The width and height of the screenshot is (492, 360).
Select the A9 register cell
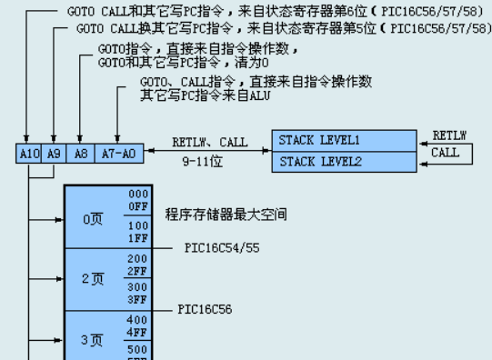click(54, 154)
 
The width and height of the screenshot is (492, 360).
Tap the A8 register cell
click(81, 154)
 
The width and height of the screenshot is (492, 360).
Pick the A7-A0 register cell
click(118, 154)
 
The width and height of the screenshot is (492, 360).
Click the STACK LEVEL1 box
click(344, 140)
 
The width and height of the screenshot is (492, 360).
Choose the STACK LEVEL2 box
click(344, 162)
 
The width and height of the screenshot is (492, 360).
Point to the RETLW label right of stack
click(449, 135)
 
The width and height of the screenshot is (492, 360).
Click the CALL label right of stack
click(446, 153)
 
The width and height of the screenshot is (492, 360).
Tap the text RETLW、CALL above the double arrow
click(209, 143)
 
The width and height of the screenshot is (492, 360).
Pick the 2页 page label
click(93, 279)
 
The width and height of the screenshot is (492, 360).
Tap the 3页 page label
click(93, 339)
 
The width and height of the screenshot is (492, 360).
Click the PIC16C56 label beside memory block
click(205, 309)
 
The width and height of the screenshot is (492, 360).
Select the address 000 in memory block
click(138, 195)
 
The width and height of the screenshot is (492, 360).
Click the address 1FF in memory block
click(138, 237)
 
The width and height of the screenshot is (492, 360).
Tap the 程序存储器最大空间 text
click(226, 215)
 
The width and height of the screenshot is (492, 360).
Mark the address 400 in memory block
click(138, 320)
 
